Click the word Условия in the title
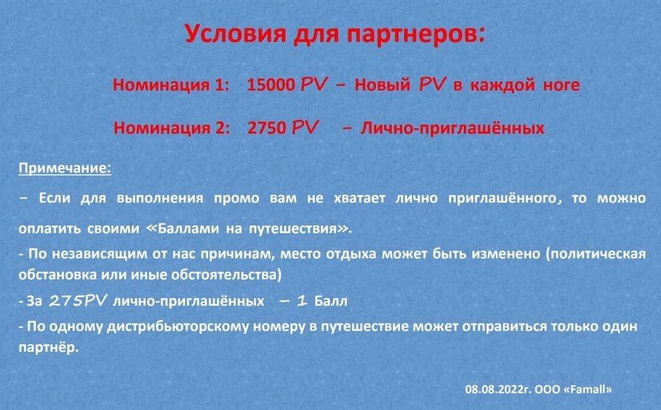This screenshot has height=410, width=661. pyautogui.click(x=235, y=33)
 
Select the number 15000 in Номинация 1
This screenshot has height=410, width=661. pyautogui.click(x=271, y=85)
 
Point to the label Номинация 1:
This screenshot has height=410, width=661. pyautogui.click(x=171, y=85)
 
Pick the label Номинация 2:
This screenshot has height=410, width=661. pyautogui.click(x=172, y=128)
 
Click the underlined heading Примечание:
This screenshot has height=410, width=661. pyautogui.click(x=65, y=169)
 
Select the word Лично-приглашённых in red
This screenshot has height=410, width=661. pyautogui.click(x=452, y=128)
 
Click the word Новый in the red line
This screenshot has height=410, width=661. pyautogui.click(x=382, y=85)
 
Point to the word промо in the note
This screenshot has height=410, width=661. pyautogui.click(x=236, y=198)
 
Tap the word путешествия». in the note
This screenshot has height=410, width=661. pyautogui.click(x=300, y=228)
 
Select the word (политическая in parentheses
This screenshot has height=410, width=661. pyautogui.click(x=595, y=254)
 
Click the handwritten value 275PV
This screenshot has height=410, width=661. pyautogui.click(x=78, y=300)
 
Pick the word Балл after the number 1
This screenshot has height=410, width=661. pyautogui.click(x=331, y=301)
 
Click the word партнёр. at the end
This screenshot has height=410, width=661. pyautogui.click(x=49, y=347)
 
